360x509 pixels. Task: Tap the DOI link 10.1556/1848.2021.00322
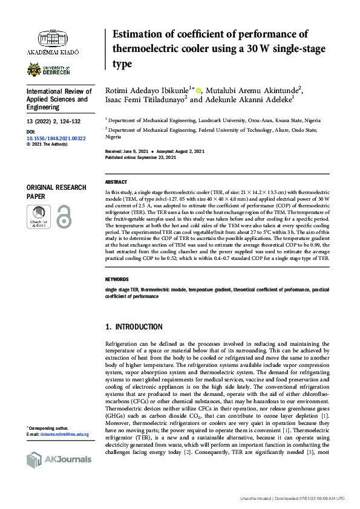(x=57, y=138)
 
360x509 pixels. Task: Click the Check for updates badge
(x=38, y=216)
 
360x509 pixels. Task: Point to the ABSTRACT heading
(x=116, y=182)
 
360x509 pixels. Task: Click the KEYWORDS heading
(x=117, y=280)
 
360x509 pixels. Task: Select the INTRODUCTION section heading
(x=134, y=327)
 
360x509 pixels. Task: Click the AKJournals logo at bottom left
(x=59, y=459)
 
